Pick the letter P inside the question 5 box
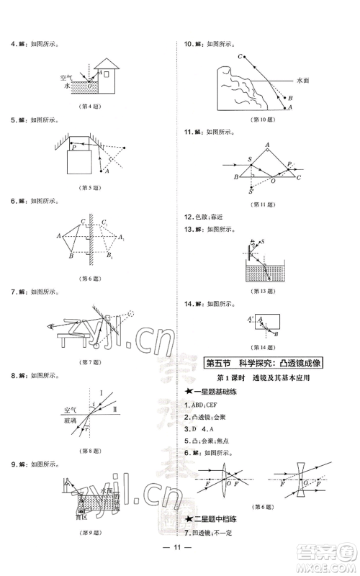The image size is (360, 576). coord(74,147)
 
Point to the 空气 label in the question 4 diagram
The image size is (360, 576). coord(67,76)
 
